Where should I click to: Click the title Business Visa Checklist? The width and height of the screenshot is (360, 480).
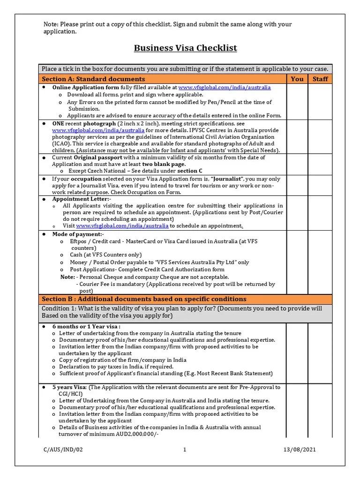pyautogui.click(x=186, y=48)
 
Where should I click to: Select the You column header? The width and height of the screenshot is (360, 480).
pyautogui.click(x=297, y=79)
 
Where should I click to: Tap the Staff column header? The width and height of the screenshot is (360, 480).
pyautogui.click(x=320, y=79)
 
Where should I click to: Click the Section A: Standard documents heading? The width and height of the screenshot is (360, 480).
pyautogui.click(x=93, y=79)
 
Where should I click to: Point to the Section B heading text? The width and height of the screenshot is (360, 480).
pyautogui.click(x=144, y=299)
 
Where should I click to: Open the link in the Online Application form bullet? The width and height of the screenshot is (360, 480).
pyautogui.click(x=224, y=88)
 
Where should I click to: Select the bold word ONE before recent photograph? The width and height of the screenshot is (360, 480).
pyautogui.click(x=59, y=123)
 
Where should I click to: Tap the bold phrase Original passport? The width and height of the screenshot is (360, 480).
pyautogui.click(x=97, y=158)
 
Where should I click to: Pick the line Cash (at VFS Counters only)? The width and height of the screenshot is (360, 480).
pyautogui.click(x=99, y=255)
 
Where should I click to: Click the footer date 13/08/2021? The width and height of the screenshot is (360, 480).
pyautogui.click(x=300, y=450)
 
